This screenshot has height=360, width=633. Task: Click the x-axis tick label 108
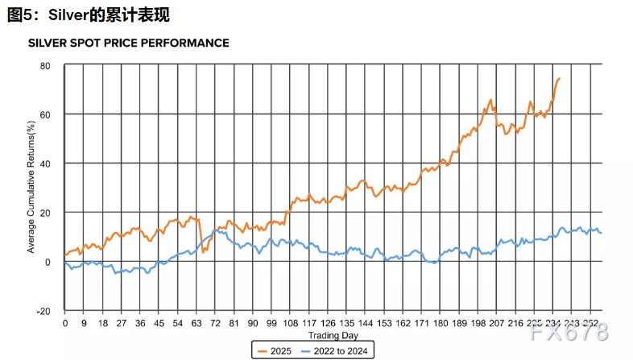[290, 323]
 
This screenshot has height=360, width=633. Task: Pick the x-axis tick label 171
[422, 323]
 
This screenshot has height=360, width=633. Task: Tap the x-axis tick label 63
[197, 323]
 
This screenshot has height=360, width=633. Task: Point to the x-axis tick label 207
[497, 323]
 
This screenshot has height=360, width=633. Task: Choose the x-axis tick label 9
[84, 323]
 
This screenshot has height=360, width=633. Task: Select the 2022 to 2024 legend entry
[334, 350]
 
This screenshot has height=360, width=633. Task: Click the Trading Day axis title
[333, 335]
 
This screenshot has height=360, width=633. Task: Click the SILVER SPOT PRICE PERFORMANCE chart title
[129, 43]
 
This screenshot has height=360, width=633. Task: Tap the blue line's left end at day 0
[65, 262]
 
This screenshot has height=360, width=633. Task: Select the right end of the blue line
[601, 233]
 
